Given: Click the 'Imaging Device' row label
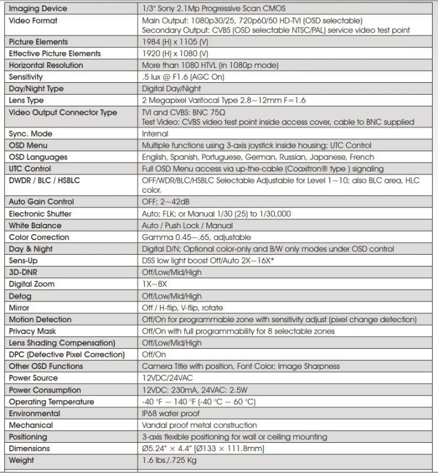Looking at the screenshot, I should pos(38,9).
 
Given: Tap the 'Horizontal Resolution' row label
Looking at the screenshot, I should pos(46,65).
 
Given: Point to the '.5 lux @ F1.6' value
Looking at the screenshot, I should pos(169,77).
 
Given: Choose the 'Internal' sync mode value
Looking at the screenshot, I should pos(155,134).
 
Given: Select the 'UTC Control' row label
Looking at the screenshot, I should pos(31,169).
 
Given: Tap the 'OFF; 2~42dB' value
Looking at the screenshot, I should pos(168,202).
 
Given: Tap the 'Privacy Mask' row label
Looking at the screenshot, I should pos(33,331).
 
